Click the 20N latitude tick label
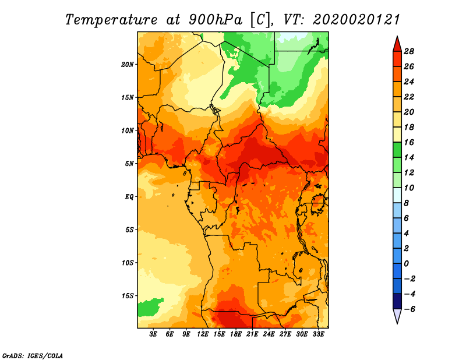coord(128,64)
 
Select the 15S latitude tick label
coord(128,296)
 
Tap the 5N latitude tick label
coord(129,164)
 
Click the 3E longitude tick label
coord(154,335)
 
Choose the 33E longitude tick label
coord(318,335)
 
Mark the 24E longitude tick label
coord(269,335)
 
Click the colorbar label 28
coord(416,51)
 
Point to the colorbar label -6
coord(416,309)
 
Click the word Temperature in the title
coord(113,19)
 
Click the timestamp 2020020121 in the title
coord(356,19)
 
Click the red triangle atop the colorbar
coord(397,43)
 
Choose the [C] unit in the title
coord(260,19)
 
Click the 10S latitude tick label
coord(128,263)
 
